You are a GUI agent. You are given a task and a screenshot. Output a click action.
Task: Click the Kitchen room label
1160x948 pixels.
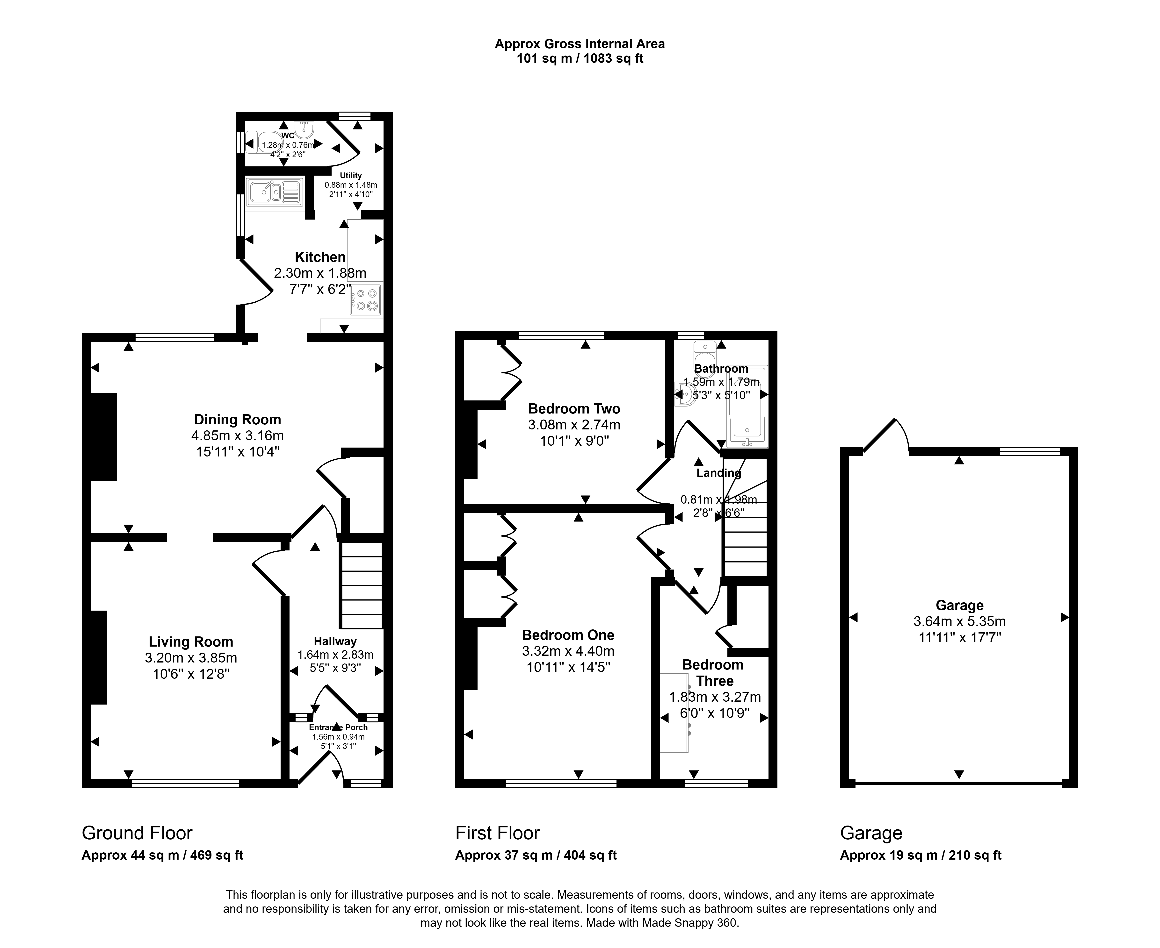[x=320, y=257]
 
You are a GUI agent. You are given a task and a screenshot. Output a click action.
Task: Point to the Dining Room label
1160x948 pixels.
[x=238, y=419]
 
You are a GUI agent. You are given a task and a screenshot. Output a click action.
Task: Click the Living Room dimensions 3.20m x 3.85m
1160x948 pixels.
[x=191, y=658]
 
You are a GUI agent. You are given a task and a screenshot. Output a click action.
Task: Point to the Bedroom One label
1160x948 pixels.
[x=568, y=635]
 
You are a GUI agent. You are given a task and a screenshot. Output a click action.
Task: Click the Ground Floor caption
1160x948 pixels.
[x=137, y=833]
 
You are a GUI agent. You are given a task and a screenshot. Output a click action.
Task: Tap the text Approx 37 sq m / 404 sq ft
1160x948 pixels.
[x=536, y=855]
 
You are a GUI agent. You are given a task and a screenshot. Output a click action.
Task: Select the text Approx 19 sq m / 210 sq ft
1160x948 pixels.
[x=921, y=855]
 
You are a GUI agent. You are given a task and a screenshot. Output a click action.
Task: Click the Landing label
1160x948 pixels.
[x=718, y=473]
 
